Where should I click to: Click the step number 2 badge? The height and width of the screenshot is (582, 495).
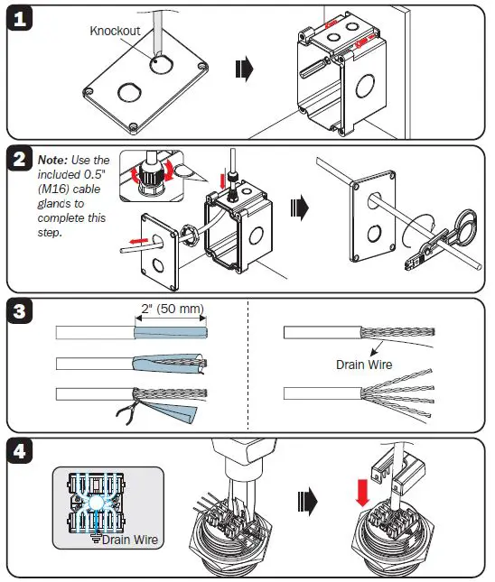pyautogui.click(x=21, y=161)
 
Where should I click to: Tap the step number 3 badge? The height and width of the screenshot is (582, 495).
pyautogui.click(x=21, y=312)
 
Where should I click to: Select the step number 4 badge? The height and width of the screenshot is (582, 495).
pyautogui.click(x=21, y=451)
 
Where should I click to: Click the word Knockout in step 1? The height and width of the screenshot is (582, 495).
pyautogui.click(x=115, y=31)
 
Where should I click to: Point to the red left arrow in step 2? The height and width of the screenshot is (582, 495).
pyautogui.click(x=134, y=241)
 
